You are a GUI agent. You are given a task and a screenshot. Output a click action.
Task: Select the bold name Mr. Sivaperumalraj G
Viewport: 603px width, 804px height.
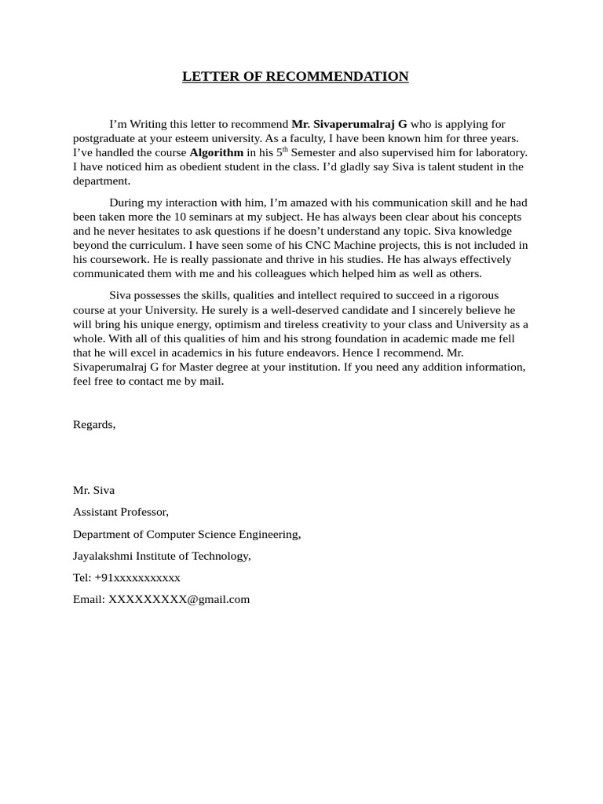pos(349,124)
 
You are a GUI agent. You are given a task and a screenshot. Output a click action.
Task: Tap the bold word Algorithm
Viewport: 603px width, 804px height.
pos(216,152)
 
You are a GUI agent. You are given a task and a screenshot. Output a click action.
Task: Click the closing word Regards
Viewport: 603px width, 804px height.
pos(94,424)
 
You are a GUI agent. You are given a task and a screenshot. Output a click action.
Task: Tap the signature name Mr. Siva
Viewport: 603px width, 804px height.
pos(93,490)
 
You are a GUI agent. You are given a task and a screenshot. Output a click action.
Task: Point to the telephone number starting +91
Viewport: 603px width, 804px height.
pos(137,578)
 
